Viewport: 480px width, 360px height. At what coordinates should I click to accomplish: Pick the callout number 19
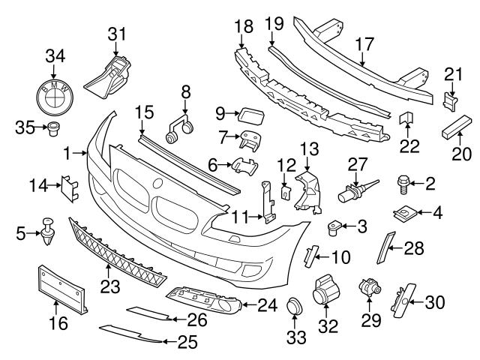pyautogui.click(x=274, y=25)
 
